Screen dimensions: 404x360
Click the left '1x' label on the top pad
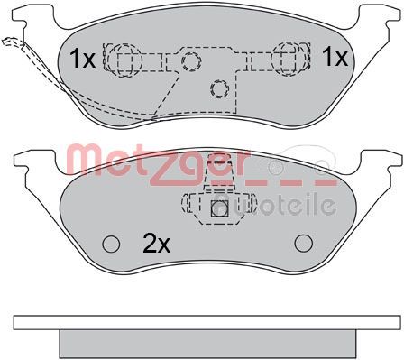pyautogui.click(x=82, y=59)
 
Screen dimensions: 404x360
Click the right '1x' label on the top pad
pyautogui.click(x=335, y=57)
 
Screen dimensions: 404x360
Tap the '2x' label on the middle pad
pyautogui.click(x=157, y=244)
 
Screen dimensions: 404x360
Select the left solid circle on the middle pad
pyautogui.click(x=111, y=244)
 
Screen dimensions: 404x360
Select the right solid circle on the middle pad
pyautogui.click(x=304, y=244)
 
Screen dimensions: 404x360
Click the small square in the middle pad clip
pyautogui.click(x=220, y=208)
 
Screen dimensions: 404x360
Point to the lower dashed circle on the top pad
pyautogui.click(x=219, y=88)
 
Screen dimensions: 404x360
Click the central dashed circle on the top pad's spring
pyautogui.click(x=191, y=61)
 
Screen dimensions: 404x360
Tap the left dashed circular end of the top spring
pyautogui.click(x=124, y=60)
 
